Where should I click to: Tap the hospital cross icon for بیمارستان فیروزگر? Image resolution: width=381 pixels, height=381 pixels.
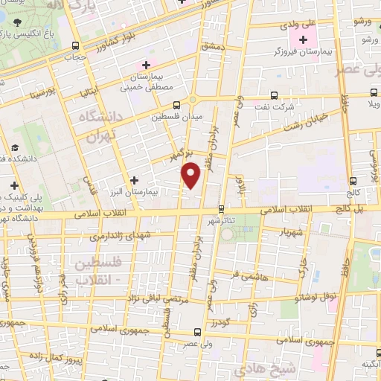(x=303, y=39)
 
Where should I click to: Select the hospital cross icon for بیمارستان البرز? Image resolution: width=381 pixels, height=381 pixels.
(x=134, y=179)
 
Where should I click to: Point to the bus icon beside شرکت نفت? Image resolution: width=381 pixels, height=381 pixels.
(x=275, y=95)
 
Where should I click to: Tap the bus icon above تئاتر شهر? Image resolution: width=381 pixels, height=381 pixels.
(x=221, y=209)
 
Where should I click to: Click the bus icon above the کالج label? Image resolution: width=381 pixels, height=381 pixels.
(x=353, y=179)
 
